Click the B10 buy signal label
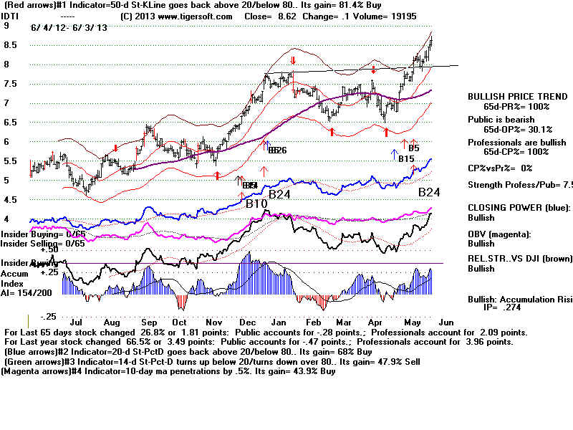click(257, 204)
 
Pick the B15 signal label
click(407, 158)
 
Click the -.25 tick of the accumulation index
click(48, 316)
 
